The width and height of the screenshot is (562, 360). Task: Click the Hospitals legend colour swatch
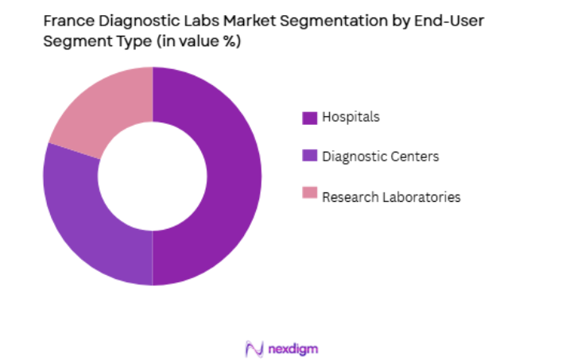[x=309, y=118]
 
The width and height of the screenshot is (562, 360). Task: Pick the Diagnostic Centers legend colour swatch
[x=309, y=157]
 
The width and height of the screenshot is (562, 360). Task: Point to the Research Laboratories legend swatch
[x=309, y=195]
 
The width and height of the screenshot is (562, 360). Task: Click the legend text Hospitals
[x=351, y=118]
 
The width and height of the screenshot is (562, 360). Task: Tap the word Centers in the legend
[x=415, y=157]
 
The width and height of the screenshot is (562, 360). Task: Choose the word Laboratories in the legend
[x=423, y=197]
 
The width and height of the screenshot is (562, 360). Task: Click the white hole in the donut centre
[x=153, y=176]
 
